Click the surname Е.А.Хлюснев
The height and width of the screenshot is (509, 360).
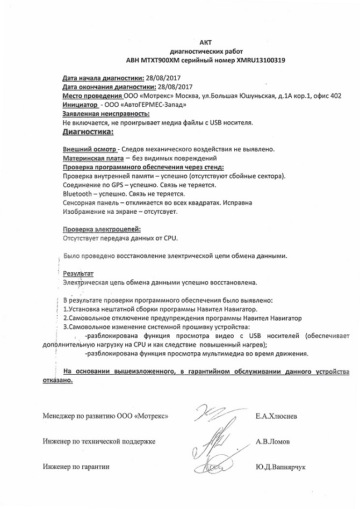(x=280, y=416)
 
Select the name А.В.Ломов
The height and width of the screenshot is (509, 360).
(x=273, y=441)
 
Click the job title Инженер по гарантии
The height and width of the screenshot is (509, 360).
(x=76, y=467)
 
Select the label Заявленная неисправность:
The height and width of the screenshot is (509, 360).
(x=106, y=114)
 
